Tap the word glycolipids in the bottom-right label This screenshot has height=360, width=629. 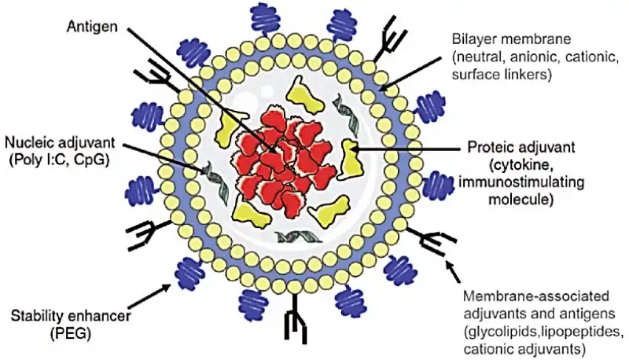coord(502,329)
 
